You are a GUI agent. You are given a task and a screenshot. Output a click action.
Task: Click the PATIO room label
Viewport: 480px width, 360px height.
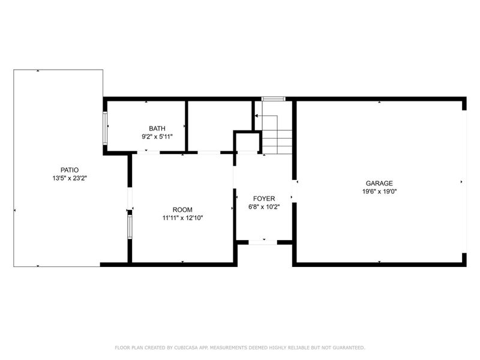(69, 170)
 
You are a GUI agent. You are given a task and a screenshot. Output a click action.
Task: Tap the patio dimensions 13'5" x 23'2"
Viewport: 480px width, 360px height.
(69, 178)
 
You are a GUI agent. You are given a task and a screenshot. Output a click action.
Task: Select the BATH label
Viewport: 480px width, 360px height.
(157, 128)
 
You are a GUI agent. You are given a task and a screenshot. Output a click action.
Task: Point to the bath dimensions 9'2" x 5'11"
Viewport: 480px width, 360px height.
(157, 136)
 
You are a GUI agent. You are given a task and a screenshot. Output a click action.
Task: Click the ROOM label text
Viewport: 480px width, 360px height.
(182, 209)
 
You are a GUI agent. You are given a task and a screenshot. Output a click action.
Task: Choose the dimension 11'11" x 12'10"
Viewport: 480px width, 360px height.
(182, 218)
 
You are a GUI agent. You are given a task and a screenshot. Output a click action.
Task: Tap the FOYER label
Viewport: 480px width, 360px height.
(264, 198)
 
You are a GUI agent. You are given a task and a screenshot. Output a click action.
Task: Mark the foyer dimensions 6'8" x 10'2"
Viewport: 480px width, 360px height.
(264, 206)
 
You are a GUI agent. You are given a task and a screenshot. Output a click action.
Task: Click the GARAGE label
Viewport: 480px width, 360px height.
(379, 183)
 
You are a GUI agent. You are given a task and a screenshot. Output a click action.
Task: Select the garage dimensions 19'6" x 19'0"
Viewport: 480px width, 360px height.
(379, 191)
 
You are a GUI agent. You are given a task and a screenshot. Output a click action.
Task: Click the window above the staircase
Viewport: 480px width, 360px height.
(272, 99)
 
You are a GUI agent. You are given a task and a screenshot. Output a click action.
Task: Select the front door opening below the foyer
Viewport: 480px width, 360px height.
(263, 242)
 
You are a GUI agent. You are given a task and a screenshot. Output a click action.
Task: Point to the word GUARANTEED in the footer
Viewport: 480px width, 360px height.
(346, 347)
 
